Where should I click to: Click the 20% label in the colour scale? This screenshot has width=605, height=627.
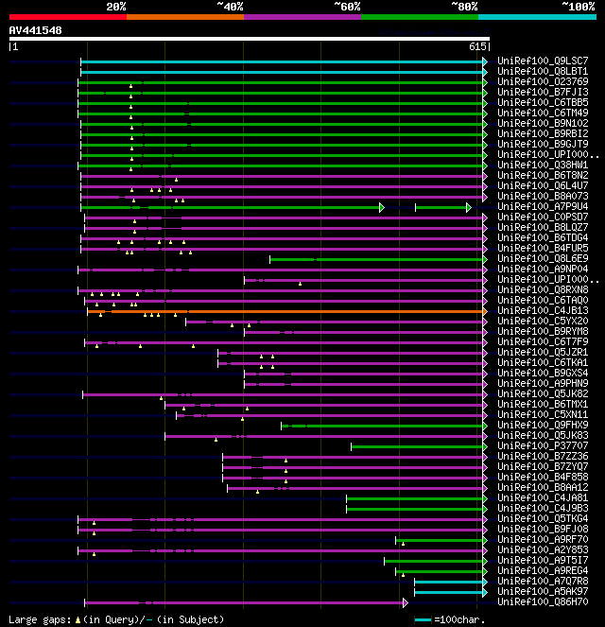(116, 6)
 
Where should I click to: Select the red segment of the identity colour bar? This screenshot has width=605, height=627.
(67, 17)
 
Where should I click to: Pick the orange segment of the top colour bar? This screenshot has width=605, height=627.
(184, 17)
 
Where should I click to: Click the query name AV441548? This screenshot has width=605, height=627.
(36, 30)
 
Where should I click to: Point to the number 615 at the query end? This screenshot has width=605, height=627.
(477, 45)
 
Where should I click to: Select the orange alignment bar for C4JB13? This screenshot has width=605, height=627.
(284, 310)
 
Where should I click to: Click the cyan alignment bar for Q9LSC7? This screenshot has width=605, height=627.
(284, 61)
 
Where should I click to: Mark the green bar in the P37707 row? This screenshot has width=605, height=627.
(416, 445)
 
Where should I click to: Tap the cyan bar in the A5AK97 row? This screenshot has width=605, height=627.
(449, 591)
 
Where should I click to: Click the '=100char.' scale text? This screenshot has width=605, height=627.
(458, 619)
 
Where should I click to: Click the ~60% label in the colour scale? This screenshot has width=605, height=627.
(347, 6)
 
